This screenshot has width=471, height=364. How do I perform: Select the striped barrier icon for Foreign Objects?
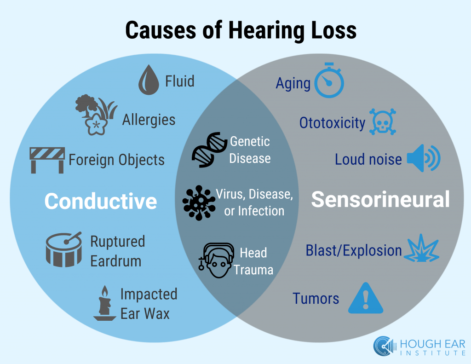(x=47, y=159)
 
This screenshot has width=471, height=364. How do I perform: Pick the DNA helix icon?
(x=208, y=150)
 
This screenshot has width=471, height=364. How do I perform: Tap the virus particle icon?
(x=198, y=202)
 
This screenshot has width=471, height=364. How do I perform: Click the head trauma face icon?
(x=216, y=260)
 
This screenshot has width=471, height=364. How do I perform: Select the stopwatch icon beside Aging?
(x=329, y=81)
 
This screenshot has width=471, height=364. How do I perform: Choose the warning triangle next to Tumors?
(x=366, y=298)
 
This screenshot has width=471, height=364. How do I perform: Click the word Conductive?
(x=101, y=201)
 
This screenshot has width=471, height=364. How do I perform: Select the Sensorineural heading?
(x=380, y=200)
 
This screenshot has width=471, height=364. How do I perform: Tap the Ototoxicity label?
(x=332, y=123)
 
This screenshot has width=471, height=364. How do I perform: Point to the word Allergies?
(x=149, y=120)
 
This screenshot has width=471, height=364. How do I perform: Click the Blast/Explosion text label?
(x=354, y=251)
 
